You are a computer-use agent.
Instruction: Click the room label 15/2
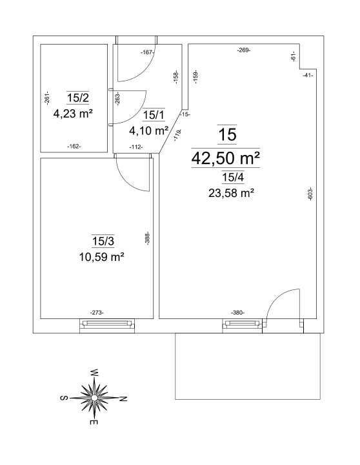pos(78,98)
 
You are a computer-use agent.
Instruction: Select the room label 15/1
pos(154,115)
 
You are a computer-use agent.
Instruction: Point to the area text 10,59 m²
pos(101,256)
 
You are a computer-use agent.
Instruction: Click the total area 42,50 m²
pos(226,158)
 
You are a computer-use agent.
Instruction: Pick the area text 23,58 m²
pos(232,193)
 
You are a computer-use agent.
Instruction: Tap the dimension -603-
pos(310,194)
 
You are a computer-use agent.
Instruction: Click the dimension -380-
pos(237,313)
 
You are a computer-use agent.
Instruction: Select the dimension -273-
pos(97,313)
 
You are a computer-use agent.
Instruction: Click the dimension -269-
pos(244,50)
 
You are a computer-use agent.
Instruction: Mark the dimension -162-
pos(74,146)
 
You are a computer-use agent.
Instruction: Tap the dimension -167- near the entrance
pos(147,52)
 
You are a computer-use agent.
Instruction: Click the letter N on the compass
pos(124,398)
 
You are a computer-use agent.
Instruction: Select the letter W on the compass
pos(94,373)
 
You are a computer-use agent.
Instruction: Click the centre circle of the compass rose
pos(94,397)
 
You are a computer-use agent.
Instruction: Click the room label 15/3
pos(103,241)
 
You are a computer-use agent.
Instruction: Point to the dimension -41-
pos(308,76)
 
